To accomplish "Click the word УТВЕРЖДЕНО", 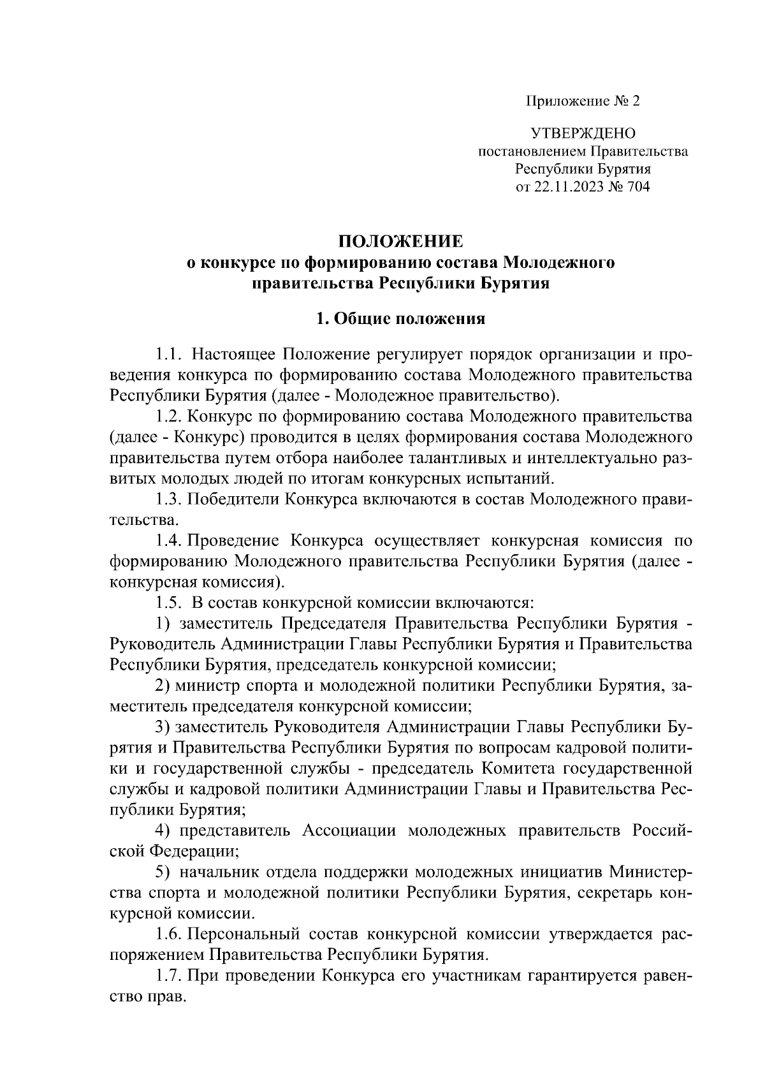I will [x=583, y=134].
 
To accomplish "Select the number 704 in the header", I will [x=637, y=187].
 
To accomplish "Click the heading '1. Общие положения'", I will [x=401, y=319].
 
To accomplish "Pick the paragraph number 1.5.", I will [x=170, y=603].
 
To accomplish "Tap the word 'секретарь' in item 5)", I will [x=616, y=893].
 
